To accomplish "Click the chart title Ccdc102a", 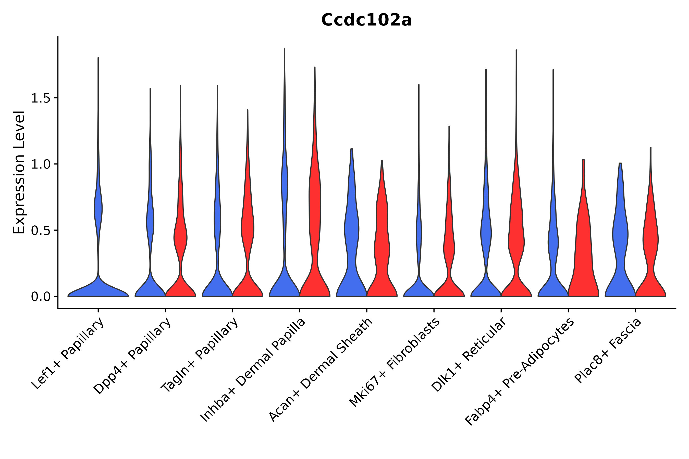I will pyautogui.click(x=366, y=20).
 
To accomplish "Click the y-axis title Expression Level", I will pyautogui.click(x=19, y=172).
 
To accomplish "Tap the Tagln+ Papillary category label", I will pyautogui.click(x=200, y=355).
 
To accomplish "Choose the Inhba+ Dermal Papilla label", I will pyautogui.click(x=253, y=370).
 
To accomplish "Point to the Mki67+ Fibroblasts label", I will pyautogui.click(x=394, y=363).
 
